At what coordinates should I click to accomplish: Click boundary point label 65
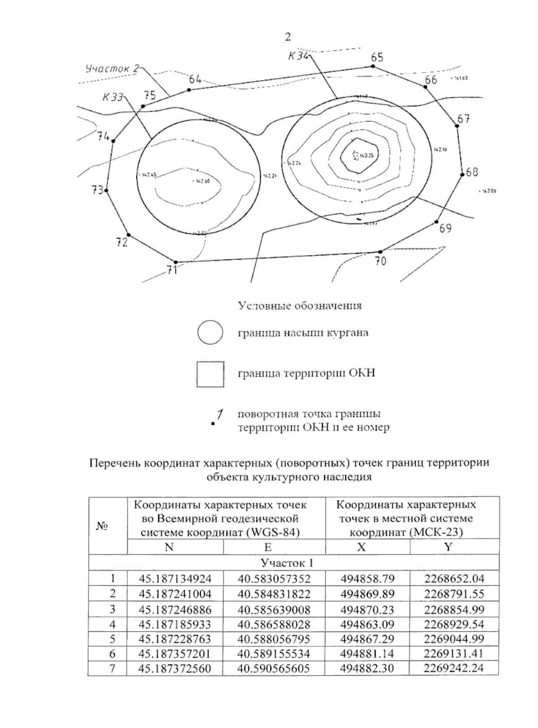[x=377, y=57]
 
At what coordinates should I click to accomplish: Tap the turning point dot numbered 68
[x=462, y=174]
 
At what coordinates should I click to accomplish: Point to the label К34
[x=298, y=56]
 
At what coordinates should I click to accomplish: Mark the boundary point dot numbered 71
[x=176, y=262]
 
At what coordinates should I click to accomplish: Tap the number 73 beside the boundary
[x=98, y=190]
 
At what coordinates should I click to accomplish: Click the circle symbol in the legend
[x=210, y=333]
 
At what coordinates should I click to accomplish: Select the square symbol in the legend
[x=210, y=374]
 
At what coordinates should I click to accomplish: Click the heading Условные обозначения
[x=299, y=306]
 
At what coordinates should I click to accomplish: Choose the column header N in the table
[x=169, y=547]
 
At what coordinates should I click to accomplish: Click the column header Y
[x=448, y=547]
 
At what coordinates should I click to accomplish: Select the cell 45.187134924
[x=175, y=578]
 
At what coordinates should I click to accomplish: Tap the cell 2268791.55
[x=454, y=594]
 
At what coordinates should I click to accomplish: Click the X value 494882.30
[x=367, y=668]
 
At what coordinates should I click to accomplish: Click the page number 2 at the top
[x=288, y=37]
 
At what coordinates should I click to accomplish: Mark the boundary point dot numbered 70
[x=380, y=252]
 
